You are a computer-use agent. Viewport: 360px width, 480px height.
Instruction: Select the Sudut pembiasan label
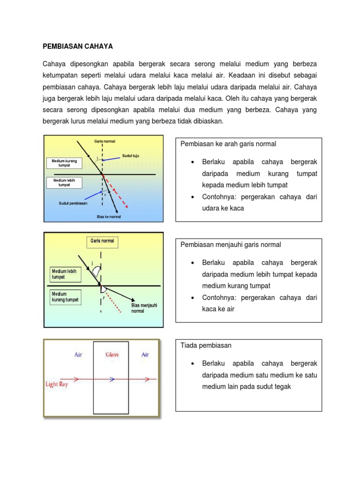click(x=73, y=203)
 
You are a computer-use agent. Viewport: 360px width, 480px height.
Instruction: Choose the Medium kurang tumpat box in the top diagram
click(x=64, y=163)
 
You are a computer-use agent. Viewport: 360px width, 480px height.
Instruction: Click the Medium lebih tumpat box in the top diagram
click(x=64, y=182)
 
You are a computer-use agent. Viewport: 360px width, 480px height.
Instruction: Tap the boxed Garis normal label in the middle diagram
click(x=102, y=242)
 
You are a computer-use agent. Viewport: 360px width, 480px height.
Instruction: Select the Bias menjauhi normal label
click(x=144, y=308)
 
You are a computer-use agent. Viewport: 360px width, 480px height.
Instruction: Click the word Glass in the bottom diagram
click(x=112, y=355)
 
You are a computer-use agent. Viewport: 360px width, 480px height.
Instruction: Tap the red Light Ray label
click(x=58, y=384)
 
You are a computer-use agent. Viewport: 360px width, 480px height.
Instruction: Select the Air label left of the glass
click(x=78, y=355)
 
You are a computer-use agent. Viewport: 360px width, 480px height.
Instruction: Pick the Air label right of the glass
click(x=145, y=355)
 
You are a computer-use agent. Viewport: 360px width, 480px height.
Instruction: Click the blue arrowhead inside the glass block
click(x=112, y=379)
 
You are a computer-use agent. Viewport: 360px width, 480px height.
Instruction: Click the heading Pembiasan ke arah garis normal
click(x=228, y=144)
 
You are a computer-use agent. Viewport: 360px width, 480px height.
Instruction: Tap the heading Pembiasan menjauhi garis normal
click(x=231, y=245)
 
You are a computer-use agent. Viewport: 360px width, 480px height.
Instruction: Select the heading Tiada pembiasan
click(x=206, y=345)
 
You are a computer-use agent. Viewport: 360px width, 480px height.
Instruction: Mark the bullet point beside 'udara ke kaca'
click(x=193, y=197)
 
